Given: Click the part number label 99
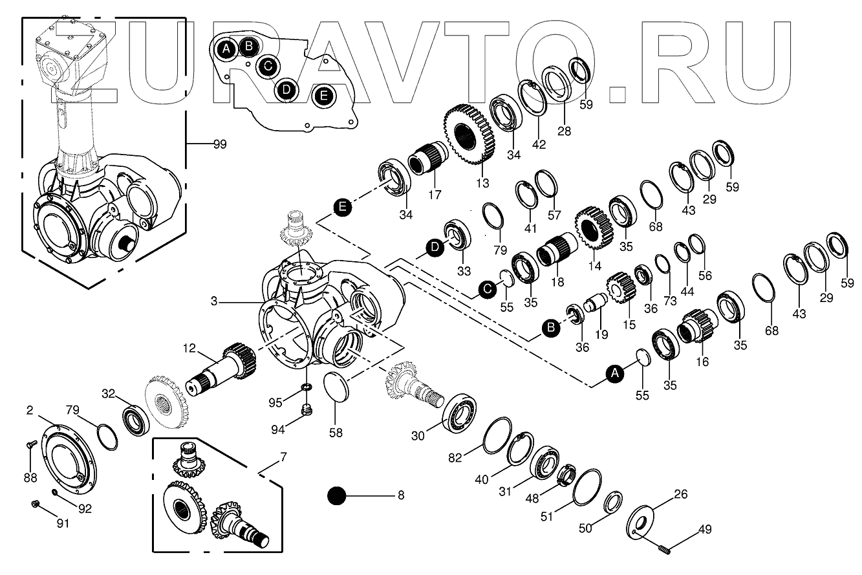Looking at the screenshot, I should click(x=220, y=145).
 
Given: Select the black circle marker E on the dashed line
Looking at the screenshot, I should click(x=343, y=207).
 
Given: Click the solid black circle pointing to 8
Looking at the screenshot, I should click(x=337, y=496).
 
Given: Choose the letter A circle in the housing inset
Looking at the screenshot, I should click(x=226, y=49).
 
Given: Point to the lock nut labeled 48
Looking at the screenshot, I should click(x=566, y=477).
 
